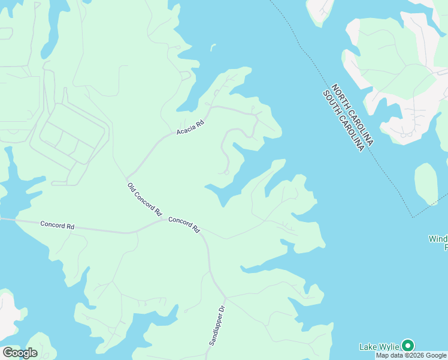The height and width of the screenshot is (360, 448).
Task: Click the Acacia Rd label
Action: (190, 127)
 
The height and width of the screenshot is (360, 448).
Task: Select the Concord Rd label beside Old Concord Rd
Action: (183, 224)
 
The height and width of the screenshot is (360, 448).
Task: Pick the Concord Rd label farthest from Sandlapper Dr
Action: (57, 226)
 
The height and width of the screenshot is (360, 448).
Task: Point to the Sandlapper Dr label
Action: (216, 325)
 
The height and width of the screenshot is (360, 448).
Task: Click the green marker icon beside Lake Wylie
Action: (408, 346)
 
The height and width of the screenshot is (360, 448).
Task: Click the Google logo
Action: (20, 352)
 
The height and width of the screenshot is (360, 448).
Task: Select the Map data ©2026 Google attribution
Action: (411, 355)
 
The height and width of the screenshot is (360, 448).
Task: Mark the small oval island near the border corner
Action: (426, 183)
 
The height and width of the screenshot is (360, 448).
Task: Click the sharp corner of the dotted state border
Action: (412, 217)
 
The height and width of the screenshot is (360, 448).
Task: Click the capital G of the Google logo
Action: (8, 352)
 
